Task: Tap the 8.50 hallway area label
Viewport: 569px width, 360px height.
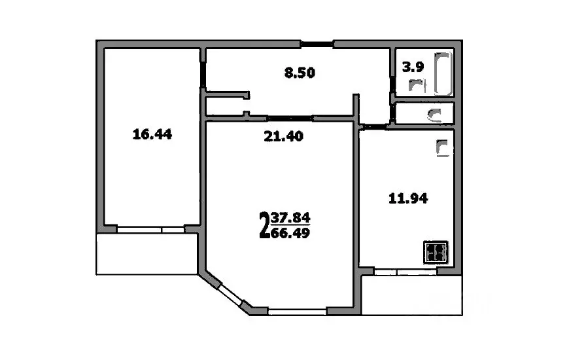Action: pyautogui.click(x=300, y=73)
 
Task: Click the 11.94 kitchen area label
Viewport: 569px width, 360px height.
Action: pyautogui.click(x=407, y=198)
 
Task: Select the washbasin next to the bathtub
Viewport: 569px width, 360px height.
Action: pyautogui.click(x=417, y=86)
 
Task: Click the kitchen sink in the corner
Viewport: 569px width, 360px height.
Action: pyautogui.click(x=443, y=149)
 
